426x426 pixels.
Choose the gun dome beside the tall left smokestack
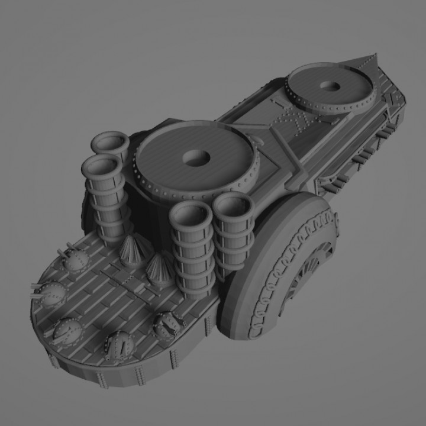(x=75, y=259)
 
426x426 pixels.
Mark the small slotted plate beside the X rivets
(x=276, y=105)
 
